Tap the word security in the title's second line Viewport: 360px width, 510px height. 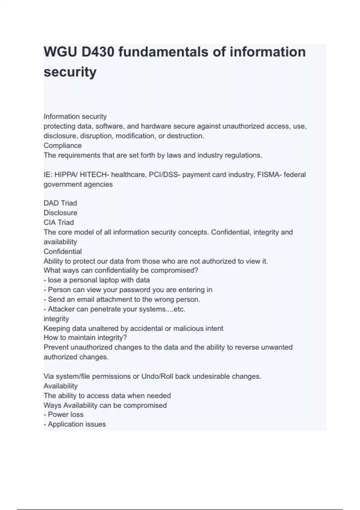(x=70, y=72)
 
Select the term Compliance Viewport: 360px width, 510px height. (x=62, y=145)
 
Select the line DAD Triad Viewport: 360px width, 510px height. (x=60, y=203)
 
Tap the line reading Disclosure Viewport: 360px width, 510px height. (x=60, y=213)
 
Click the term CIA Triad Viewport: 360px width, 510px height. (x=58, y=222)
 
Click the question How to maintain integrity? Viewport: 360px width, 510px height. (x=85, y=338)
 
